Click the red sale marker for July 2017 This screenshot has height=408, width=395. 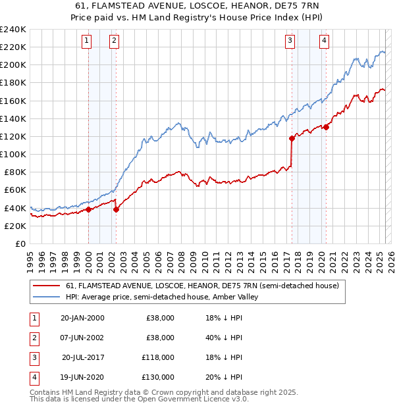coord(292,138)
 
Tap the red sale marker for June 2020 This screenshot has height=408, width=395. coord(326,128)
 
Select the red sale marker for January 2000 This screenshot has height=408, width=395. coord(88,210)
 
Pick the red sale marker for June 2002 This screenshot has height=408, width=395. coord(116,210)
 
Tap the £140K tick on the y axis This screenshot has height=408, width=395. coord(13,118)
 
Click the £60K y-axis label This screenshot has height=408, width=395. coord(15,190)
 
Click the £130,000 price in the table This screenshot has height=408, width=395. coord(159,378)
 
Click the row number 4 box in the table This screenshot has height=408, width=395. coord(32,378)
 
